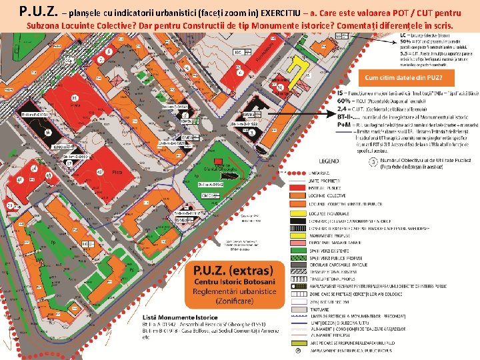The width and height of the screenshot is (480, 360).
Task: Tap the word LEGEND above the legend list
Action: pos(329,161)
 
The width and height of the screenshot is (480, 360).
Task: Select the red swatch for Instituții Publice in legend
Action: pos(298,188)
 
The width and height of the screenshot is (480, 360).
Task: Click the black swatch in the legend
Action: pos(298,220)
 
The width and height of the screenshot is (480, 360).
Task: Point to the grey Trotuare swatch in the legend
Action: pos(298,309)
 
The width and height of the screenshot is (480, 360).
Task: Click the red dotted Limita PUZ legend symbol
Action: pos(298,173)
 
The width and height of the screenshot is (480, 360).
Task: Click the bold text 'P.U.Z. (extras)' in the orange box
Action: pos(233,271)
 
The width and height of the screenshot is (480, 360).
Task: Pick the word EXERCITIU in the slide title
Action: pos(278,13)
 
